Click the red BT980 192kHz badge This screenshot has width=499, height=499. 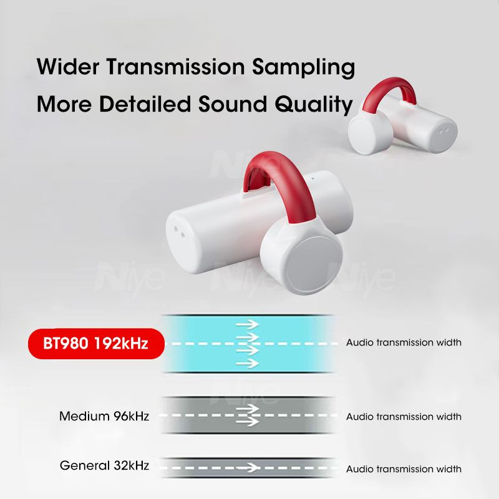point(95,343)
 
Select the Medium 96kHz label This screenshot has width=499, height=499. point(104,415)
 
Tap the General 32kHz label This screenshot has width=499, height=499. point(104,465)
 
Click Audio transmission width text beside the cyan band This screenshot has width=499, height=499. point(404,342)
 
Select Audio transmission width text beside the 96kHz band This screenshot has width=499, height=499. point(404,416)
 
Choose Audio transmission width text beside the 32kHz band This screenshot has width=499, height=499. point(404,468)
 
